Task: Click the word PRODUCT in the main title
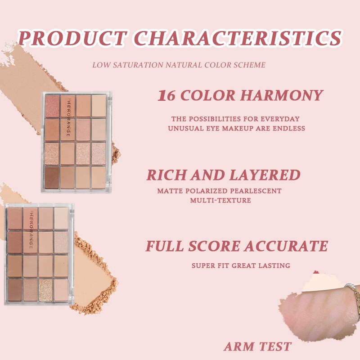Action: point(72,38)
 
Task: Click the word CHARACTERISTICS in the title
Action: point(238,38)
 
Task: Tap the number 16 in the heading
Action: point(166,95)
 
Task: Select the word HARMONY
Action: point(282,95)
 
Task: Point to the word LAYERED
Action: point(265,175)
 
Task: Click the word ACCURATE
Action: point(286,246)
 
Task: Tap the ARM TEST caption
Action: point(257,346)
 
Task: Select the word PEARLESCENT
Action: point(256,191)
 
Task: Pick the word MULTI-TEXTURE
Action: point(220,200)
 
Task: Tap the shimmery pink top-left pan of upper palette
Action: point(52,106)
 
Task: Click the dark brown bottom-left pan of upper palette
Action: point(52,177)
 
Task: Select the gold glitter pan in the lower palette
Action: point(46,290)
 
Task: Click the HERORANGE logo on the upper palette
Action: point(68,117)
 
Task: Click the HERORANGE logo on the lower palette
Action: point(31,229)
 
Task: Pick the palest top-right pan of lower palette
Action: point(61,218)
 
